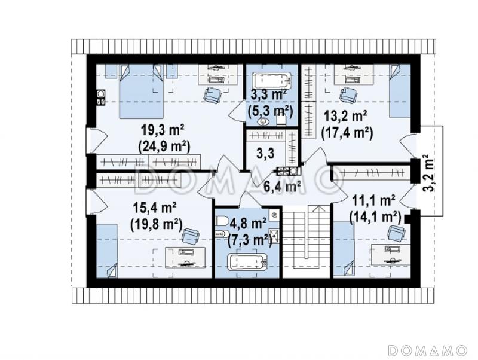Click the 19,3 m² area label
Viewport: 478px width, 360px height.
click(163, 130)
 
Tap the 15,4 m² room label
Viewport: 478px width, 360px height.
click(155, 208)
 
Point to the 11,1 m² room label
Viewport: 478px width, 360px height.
click(374, 201)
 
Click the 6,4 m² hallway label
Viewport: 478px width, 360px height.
click(283, 187)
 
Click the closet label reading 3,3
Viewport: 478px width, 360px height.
click(265, 154)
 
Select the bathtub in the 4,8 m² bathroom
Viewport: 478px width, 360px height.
click(247, 262)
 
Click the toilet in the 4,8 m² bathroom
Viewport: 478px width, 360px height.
click(222, 220)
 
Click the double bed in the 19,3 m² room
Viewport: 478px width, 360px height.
click(140, 91)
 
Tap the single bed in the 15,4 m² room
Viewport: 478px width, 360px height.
click(107, 251)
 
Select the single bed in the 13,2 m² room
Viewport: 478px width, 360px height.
click(400, 91)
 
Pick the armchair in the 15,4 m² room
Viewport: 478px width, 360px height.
click(191, 236)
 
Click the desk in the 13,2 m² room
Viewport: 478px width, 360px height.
click(354, 74)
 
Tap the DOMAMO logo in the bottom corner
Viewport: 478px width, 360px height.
click(428, 350)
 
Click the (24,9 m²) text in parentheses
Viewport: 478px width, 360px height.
click(164, 147)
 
